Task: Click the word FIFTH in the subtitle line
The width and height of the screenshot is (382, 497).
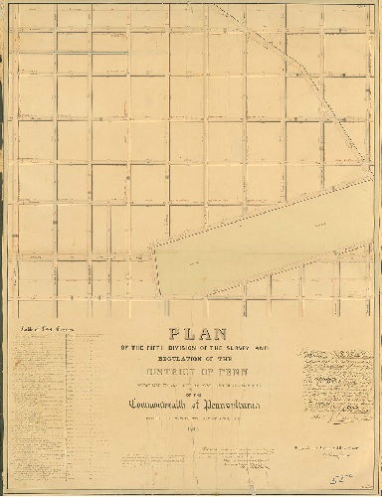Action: pyautogui.click(x=164, y=348)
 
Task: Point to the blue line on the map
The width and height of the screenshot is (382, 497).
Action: pyautogui.click(x=92, y=53)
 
